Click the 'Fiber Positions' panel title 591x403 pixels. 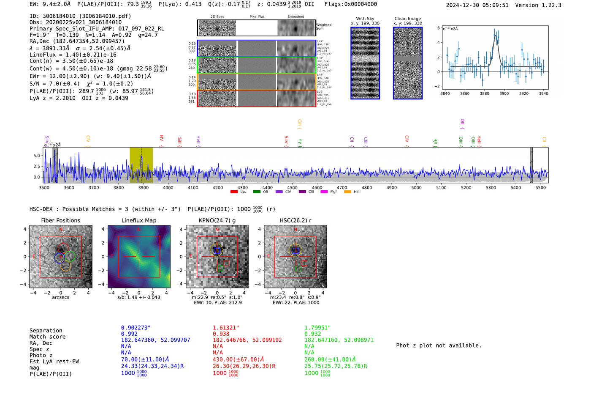tap(60, 220)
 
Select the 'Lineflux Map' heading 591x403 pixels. tap(138, 220)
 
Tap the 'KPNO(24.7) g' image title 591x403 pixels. tap(217, 220)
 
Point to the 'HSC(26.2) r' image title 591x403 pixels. tap(295, 220)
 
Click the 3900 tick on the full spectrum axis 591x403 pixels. tap(143, 187)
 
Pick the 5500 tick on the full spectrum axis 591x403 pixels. tap(540, 187)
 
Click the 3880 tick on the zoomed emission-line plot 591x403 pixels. tap(484, 93)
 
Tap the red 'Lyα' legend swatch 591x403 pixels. tap(234, 192)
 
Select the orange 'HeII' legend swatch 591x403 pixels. tap(347, 192)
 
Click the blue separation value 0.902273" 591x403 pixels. tap(136, 328)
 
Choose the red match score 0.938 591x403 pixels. tap(221, 334)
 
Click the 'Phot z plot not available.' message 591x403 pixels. tap(439, 345)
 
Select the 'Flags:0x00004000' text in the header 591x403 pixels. tap(350, 4)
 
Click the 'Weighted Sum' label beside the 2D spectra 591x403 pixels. tap(324, 27)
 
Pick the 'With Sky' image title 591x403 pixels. tap(365, 19)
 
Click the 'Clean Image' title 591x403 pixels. tap(407, 19)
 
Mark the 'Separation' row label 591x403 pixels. tap(46, 331)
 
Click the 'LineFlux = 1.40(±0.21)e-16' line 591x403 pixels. tap(73, 55)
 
